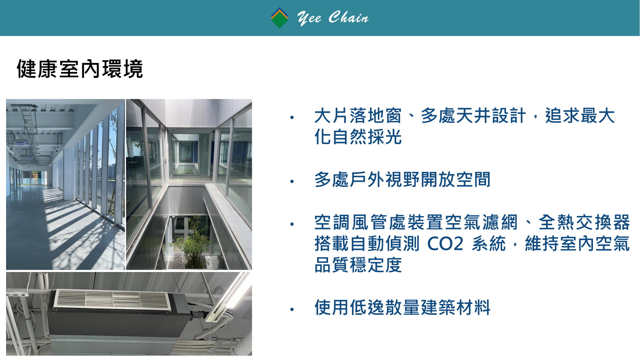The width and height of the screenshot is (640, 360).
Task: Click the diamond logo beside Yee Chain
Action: (x=279, y=18)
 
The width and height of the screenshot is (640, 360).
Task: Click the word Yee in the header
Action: (x=309, y=18)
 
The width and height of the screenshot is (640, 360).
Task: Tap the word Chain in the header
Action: (x=348, y=17)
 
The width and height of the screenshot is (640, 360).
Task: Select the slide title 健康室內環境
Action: (x=80, y=69)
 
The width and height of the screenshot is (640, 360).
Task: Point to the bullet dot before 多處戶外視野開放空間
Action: (x=292, y=181)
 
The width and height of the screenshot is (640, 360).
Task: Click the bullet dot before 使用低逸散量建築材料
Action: (x=292, y=309)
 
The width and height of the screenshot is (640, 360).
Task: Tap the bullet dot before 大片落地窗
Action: (x=292, y=117)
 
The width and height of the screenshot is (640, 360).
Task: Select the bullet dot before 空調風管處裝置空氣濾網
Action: (x=292, y=224)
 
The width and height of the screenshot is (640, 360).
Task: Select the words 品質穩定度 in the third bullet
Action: (x=358, y=265)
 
